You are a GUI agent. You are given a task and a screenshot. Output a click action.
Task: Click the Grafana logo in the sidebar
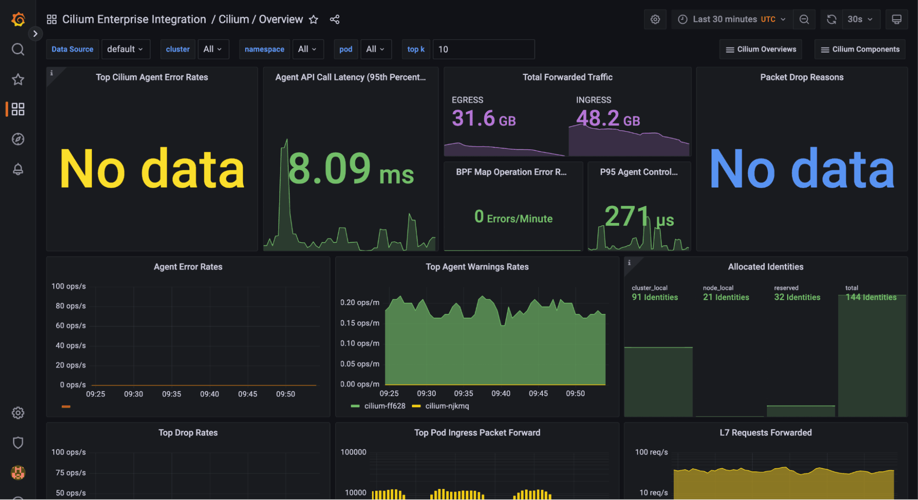pyautogui.click(x=18, y=19)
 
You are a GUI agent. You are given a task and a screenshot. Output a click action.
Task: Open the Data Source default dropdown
pyautogui.click(x=125, y=49)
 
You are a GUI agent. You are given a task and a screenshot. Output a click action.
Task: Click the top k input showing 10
pyautogui.click(x=483, y=49)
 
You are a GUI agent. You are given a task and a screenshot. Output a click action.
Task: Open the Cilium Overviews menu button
pyautogui.click(x=760, y=49)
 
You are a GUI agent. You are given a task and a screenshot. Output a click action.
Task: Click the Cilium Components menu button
pyautogui.click(x=860, y=49)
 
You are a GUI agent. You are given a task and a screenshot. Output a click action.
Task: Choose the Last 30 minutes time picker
pyautogui.click(x=733, y=19)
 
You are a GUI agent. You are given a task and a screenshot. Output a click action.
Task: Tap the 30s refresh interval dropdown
pyautogui.click(x=860, y=19)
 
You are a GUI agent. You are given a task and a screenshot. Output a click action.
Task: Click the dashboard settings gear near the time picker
pyautogui.click(x=655, y=19)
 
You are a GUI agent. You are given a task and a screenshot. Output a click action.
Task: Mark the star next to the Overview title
pyautogui.click(x=314, y=19)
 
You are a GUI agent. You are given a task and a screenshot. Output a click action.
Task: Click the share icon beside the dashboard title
pyautogui.click(x=335, y=19)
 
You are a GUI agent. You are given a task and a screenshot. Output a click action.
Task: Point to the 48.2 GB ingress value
pyautogui.click(x=608, y=119)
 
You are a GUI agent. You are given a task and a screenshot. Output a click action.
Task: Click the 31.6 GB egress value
pyautogui.click(x=483, y=119)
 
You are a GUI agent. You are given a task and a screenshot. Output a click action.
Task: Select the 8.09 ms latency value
pyautogui.click(x=351, y=169)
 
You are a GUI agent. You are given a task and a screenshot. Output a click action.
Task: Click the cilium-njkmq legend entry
pyautogui.click(x=446, y=406)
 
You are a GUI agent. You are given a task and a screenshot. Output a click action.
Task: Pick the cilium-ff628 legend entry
pyautogui.click(x=384, y=406)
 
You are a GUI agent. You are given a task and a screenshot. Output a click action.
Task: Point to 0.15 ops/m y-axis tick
pyautogui.click(x=360, y=323)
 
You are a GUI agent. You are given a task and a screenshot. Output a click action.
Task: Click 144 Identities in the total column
pyautogui.click(x=871, y=297)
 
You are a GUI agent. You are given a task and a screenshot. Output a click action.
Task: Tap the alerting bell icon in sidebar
pyautogui.click(x=18, y=169)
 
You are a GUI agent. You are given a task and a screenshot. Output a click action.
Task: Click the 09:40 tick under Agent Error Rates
pyautogui.click(x=209, y=394)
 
